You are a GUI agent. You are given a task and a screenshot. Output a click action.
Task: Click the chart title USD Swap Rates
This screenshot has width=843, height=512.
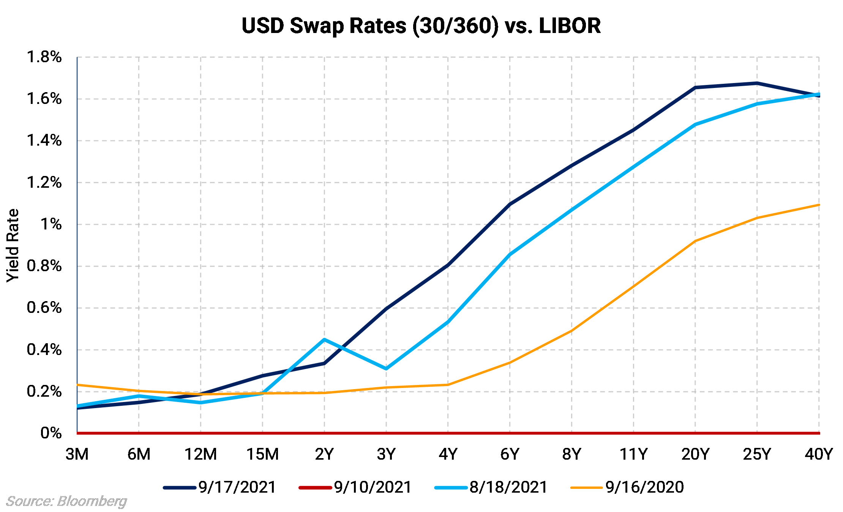(x=421, y=26)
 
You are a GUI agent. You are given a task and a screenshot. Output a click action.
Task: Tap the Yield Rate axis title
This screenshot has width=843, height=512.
(x=13, y=245)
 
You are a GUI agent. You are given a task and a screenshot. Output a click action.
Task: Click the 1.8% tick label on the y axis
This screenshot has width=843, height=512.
(x=44, y=57)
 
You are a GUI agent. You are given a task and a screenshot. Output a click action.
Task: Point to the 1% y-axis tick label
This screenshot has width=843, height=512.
(x=51, y=225)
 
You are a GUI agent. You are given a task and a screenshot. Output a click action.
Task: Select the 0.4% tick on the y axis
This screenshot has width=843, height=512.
(x=44, y=350)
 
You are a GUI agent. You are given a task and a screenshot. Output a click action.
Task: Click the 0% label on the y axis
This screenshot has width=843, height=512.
(x=51, y=433)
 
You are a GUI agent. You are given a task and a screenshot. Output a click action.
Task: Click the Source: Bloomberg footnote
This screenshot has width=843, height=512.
(x=67, y=501)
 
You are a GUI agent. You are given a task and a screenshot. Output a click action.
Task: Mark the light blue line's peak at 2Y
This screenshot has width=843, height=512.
(x=324, y=339)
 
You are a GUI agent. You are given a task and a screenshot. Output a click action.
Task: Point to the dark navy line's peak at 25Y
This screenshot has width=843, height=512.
(x=757, y=83)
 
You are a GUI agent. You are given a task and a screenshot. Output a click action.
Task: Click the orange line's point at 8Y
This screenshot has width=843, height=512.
(x=571, y=331)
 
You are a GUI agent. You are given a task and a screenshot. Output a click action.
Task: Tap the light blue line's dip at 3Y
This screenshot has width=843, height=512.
(x=386, y=369)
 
